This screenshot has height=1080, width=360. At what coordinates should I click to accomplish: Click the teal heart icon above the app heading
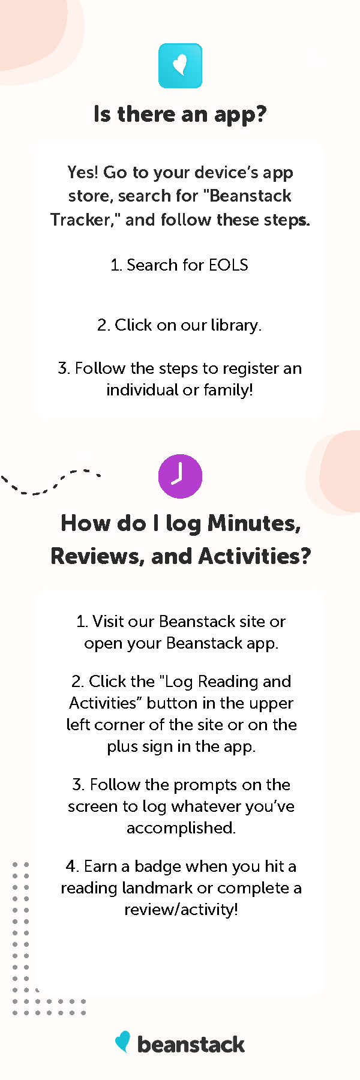180,66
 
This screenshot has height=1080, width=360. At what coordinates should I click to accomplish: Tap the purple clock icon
180,476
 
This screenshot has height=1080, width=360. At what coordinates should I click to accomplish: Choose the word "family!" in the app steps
228,390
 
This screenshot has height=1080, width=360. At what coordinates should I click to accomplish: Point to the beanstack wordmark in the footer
191,1045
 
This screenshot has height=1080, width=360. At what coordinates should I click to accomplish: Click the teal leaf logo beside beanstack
123,1042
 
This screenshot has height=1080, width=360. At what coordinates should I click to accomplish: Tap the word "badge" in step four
158,866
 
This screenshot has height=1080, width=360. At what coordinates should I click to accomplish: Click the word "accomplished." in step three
181,828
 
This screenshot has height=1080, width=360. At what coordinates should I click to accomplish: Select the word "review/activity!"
181,910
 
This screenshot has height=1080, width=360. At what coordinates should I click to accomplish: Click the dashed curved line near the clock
49,482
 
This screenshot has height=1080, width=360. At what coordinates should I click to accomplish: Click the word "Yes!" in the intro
83,173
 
